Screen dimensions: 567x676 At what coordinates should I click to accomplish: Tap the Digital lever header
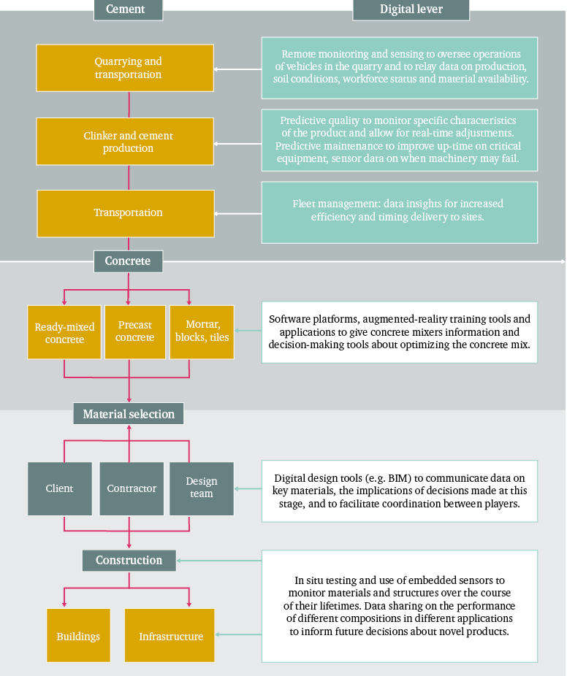(x=411, y=9)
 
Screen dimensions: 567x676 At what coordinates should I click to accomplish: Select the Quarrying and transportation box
(x=125, y=68)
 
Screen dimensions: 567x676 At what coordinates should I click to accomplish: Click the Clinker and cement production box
(x=125, y=142)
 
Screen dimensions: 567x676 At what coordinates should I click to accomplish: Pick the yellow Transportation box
(x=126, y=213)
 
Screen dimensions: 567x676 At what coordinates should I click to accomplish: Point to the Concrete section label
(x=128, y=261)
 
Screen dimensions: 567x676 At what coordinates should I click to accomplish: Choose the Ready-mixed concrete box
(x=64, y=332)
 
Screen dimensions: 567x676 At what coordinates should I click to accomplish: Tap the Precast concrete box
(x=135, y=332)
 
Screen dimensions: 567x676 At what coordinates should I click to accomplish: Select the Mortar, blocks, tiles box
(x=202, y=332)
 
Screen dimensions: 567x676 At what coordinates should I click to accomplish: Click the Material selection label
(x=129, y=414)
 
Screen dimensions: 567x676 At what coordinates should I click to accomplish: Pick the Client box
(x=60, y=489)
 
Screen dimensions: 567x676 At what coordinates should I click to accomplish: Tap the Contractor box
(x=132, y=489)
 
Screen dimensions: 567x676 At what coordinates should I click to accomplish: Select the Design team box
(x=202, y=489)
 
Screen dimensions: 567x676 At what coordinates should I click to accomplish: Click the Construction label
(x=129, y=561)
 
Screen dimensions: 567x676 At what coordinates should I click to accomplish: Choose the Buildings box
(x=78, y=635)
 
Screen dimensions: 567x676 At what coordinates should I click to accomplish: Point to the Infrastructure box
(x=170, y=635)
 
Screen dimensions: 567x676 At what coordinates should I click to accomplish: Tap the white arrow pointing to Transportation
(x=237, y=214)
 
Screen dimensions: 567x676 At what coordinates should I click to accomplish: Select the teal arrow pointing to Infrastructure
(x=238, y=634)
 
